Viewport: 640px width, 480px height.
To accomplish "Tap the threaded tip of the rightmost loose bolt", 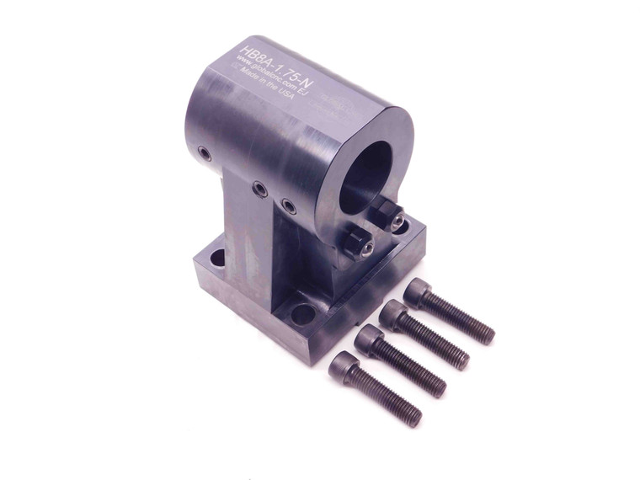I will click(486, 334).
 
